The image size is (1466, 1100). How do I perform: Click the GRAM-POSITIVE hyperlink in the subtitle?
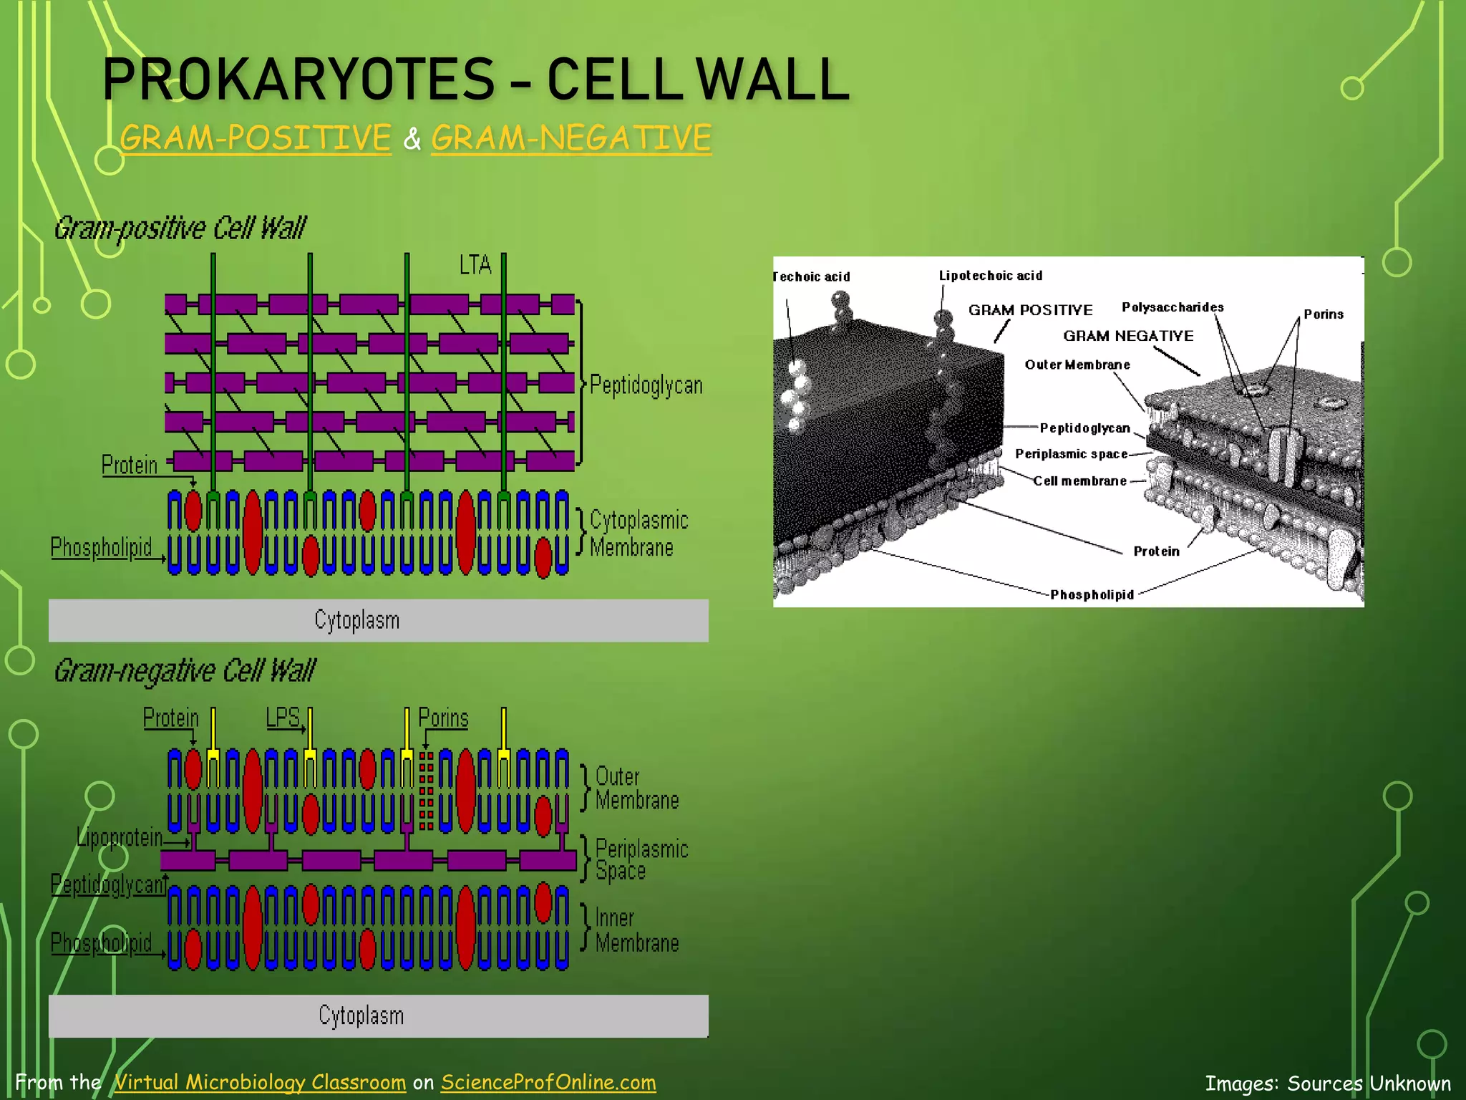point(256,137)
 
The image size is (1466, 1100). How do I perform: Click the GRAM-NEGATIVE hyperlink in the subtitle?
point(571,137)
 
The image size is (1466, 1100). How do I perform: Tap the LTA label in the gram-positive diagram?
point(475,265)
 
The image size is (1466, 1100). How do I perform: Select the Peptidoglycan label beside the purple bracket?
point(646,385)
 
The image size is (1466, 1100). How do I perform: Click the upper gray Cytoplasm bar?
point(378,620)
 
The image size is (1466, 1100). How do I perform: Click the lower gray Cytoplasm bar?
point(378,1015)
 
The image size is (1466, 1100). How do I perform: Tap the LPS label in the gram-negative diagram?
point(283,717)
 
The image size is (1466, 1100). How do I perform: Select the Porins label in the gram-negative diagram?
point(443,718)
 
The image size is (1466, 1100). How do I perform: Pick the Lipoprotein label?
point(120,837)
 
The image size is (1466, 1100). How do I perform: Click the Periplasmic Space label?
point(641,859)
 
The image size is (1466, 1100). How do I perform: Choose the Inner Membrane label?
point(636,930)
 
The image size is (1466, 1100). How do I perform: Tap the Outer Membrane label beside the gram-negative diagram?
point(636,788)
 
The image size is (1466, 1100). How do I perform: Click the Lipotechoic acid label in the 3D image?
point(990,276)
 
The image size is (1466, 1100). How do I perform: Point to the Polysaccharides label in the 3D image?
point(1172,307)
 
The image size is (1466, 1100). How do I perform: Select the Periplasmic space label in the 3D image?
point(1071,454)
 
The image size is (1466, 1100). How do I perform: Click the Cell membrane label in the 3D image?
point(1079,481)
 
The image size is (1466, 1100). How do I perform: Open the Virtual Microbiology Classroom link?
point(260,1082)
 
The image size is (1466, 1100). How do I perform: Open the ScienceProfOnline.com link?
point(548,1082)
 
